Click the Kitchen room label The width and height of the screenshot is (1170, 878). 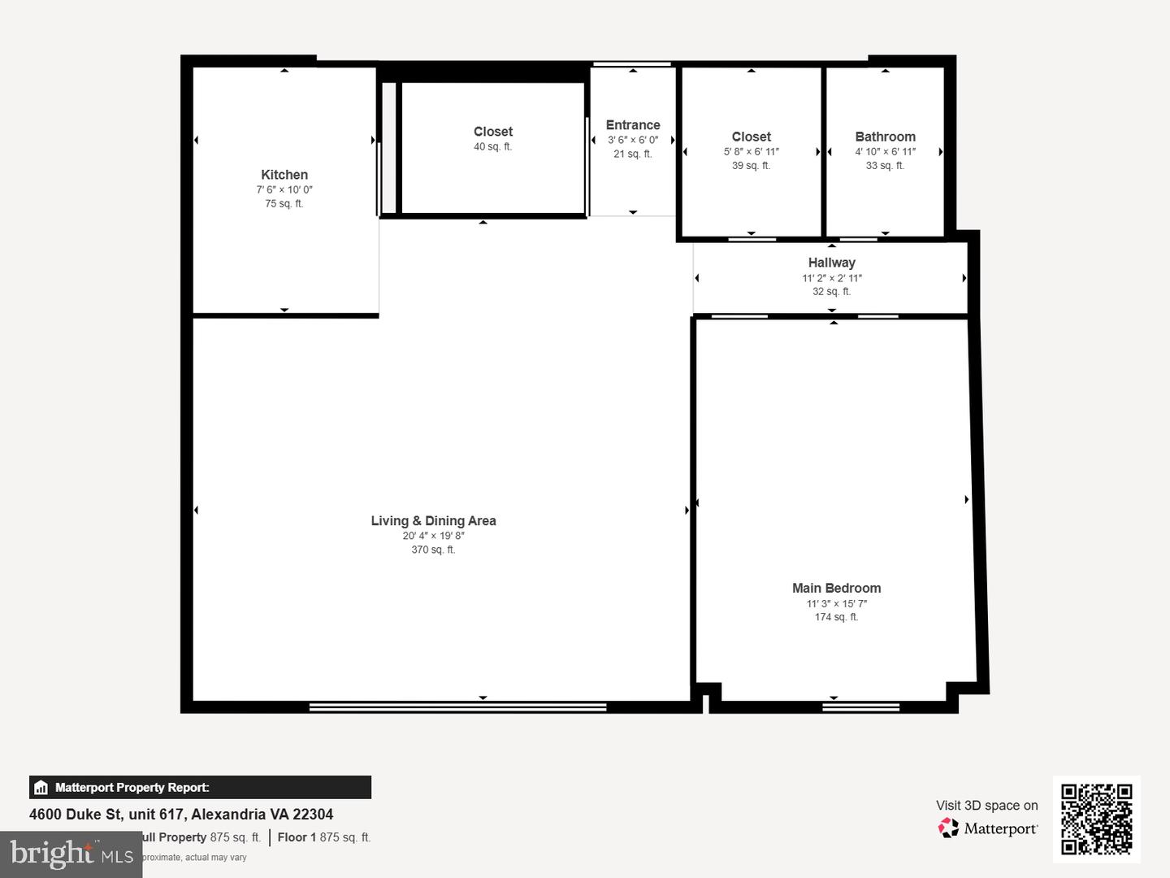(284, 175)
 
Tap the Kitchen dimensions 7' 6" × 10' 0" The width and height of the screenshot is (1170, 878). (284, 190)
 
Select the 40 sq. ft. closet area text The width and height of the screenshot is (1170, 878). (492, 147)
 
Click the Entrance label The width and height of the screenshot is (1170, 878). (633, 125)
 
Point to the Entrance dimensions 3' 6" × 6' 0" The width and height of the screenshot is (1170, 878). (633, 140)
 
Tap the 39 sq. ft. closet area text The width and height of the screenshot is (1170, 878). (751, 166)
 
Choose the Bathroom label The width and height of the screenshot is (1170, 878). (885, 137)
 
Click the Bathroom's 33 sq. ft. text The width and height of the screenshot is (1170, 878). (885, 166)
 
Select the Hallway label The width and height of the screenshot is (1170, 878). (831, 263)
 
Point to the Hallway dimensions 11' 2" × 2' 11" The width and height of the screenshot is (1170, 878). (831, 278)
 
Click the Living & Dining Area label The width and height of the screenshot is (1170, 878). (433, 521)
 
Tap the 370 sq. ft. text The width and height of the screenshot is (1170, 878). (433, 550)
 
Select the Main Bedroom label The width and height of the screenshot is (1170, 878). (836, 588)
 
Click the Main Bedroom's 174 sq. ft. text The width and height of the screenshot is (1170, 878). (836, 618)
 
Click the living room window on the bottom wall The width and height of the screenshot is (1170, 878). (457, 707)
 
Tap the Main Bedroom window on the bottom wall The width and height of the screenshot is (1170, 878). (860, 707)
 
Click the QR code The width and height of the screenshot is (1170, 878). (1096, 819)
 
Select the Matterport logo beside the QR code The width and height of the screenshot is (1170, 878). (988, 828)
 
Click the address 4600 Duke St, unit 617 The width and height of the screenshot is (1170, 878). (181, 815)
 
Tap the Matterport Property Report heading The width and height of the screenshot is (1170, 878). (132, 788)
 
